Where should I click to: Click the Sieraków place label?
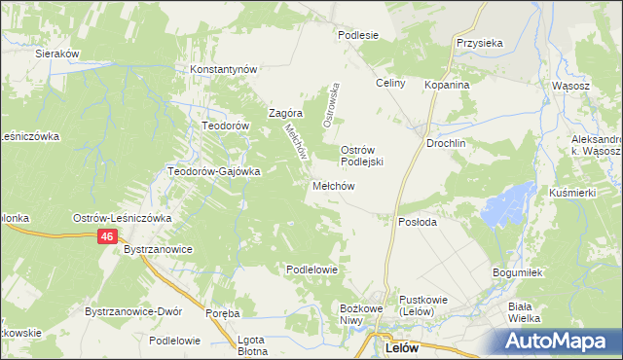click(56, 54)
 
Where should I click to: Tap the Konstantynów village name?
click(223, 70)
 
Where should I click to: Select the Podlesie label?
click(357, 35)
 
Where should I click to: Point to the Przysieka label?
click(479, 44)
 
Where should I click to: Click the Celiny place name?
click(390, 84)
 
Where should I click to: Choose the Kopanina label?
click(447, 85)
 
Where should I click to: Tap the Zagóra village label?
click(274, 113)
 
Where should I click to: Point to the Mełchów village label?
click(332, 185)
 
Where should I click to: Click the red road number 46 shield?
click(110, 236)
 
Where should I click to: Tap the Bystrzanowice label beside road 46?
click(159, 250)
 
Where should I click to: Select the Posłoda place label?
click(418, 222)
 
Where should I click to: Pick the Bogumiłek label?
click(517, 273)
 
